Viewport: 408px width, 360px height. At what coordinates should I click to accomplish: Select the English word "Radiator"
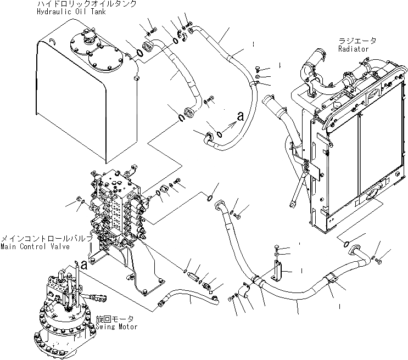(x=354, y=49)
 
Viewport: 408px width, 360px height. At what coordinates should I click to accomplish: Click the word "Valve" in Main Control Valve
(x=58, y=247)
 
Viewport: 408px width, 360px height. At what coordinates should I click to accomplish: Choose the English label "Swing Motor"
(x=116, y=327)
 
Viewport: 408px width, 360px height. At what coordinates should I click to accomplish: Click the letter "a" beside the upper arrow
(x=240, y=116)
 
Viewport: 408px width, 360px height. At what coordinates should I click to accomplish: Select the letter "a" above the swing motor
(x=84, y=265)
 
